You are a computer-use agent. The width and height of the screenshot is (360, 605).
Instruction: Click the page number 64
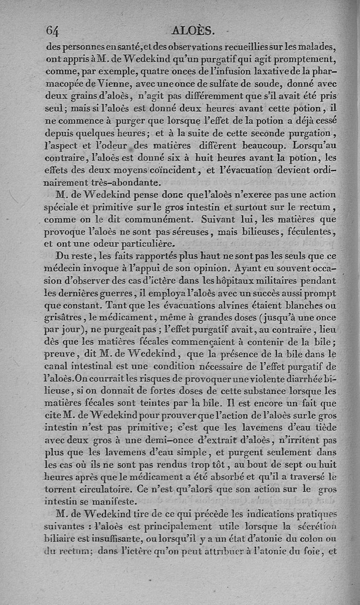coord(53,30)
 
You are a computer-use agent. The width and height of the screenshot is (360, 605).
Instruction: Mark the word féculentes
coord(310,232)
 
